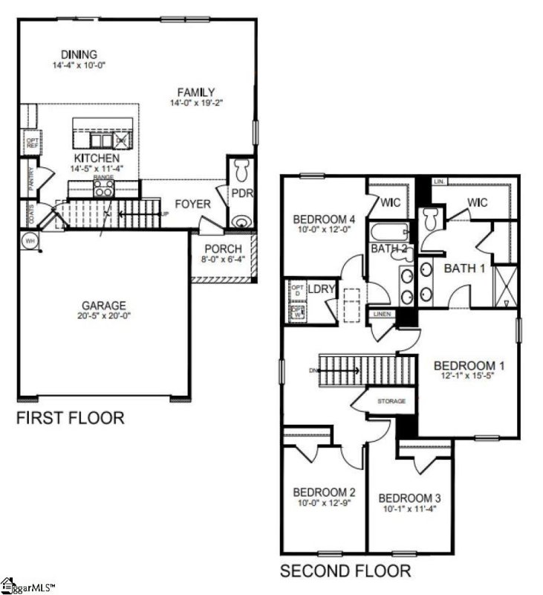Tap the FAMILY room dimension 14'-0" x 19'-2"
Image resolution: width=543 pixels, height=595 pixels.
[195, 103]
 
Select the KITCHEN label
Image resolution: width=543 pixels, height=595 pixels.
[96, 158]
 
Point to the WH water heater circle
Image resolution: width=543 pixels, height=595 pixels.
[30, 240]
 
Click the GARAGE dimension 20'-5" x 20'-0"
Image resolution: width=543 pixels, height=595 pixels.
[104, 317]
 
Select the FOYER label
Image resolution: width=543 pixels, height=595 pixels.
[193, 205]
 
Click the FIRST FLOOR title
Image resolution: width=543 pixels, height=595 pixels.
[70, 418]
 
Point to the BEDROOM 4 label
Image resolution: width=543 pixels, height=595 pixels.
[324, 219]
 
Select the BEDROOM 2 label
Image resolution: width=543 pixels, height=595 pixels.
[324, 492]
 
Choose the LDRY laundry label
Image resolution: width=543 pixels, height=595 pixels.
[321, 288]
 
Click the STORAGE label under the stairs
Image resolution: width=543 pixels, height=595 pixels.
[391, 402]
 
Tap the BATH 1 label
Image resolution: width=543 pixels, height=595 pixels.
[464, 268]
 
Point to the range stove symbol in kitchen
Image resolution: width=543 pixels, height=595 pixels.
[103, 187]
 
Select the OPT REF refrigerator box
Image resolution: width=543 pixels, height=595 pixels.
[32, 142]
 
